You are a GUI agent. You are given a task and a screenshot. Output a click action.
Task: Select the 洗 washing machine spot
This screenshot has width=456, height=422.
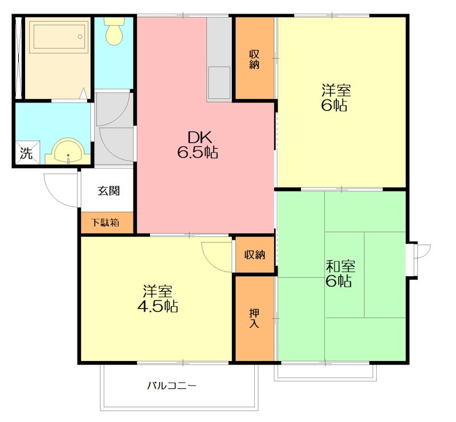tap(27, 153)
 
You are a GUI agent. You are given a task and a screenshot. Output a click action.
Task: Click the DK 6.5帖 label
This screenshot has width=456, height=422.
tap(198, 145)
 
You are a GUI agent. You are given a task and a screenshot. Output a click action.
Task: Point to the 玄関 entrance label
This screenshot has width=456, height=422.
tap(109, 191)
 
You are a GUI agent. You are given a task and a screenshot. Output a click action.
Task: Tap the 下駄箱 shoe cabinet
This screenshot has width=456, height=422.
tap(107, 223)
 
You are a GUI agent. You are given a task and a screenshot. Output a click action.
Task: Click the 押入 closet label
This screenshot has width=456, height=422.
tap(254, 318)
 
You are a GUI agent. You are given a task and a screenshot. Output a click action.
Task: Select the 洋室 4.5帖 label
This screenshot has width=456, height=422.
tap(158, 299)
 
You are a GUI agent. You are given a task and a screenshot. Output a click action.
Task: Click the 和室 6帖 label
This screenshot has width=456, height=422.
tap(339, 273)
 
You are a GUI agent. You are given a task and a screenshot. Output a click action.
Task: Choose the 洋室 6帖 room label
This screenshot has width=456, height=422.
tap(335, 97)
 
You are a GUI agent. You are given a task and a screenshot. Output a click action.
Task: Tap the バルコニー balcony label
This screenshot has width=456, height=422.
tap(172, 386)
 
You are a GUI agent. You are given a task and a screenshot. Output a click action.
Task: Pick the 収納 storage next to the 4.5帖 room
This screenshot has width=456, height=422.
tap(255, 255)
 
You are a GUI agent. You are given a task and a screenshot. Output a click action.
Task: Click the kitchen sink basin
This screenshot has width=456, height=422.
tap(219, 83)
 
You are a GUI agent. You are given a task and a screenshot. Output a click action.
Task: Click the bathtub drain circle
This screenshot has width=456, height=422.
tap(80, 36)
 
